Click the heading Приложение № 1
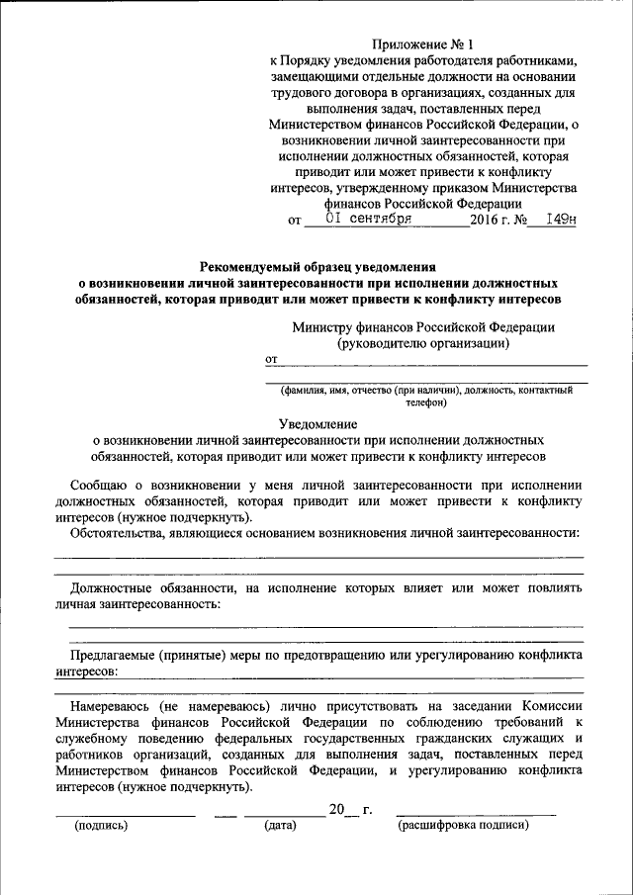[x=423, y=45]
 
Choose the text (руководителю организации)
[x=423, y=344]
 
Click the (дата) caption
[x=281, y=826]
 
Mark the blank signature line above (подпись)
[x=125, y=814]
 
